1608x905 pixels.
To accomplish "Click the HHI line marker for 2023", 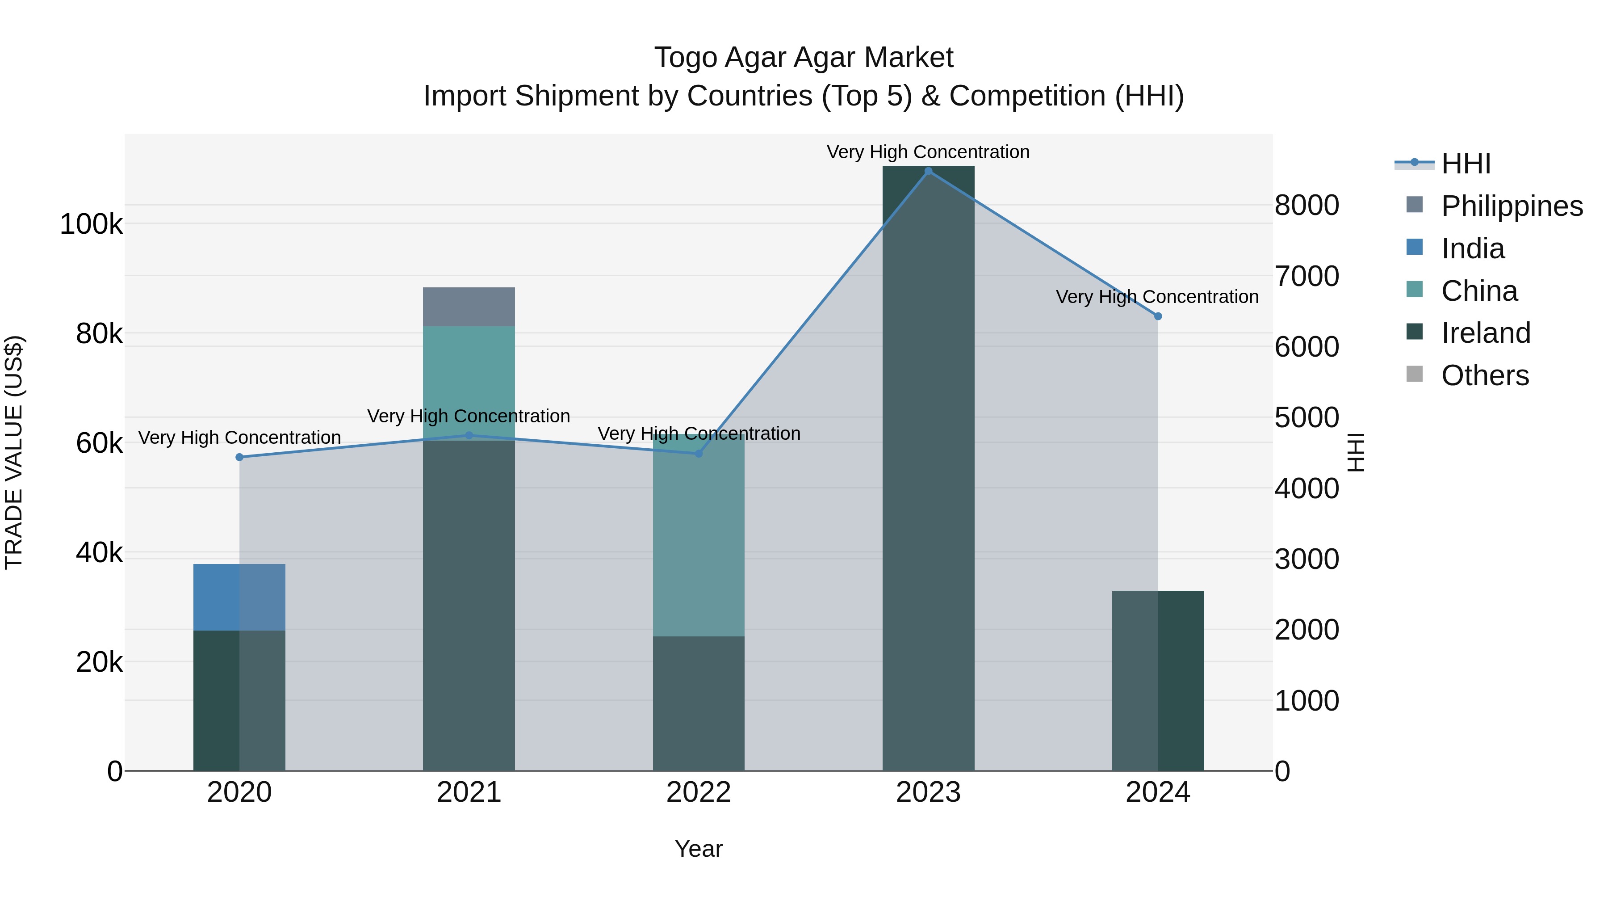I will tap(928, 171).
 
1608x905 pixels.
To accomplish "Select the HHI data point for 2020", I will tap(240, 457).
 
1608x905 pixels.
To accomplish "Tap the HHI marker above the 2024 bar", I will tap(1158, 316).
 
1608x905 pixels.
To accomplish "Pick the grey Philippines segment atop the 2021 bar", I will tap(469, 307).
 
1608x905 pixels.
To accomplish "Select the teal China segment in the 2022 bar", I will tap(699, 537).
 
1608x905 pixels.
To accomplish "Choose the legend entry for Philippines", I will tap(1511, 206).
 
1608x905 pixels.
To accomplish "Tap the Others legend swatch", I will tap(1415, 375).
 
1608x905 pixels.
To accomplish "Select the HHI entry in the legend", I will tap(1466, 164).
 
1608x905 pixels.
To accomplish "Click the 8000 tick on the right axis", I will tap(1306, 206).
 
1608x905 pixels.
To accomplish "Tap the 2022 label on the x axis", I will tap(699, 792).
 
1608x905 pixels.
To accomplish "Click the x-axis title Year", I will tap(699, 849).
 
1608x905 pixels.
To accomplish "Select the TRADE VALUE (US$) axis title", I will tap(14, 452).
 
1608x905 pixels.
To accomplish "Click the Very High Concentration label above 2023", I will tap(928, 152).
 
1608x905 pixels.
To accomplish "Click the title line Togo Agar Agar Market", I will tap(804, 58).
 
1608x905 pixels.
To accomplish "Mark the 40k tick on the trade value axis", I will tap(99, 553).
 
